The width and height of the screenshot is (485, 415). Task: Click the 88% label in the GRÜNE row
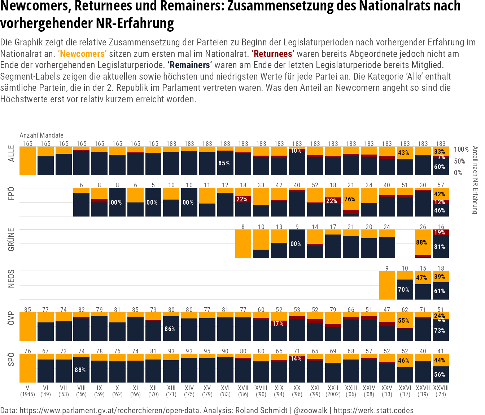pyautogui.click(x=421, y=242)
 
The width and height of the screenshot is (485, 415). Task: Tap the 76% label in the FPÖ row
pyautogui.click(x=349, y=199)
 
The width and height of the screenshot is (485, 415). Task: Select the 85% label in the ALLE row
pyautogui.click(x=224, y=163)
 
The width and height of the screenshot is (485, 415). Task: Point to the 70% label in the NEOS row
pyautogui.click(x=403, y=289)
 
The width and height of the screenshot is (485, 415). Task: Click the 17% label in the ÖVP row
pyautogui.click(x=278, y=323)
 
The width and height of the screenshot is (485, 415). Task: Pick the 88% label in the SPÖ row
pyautogui.click(x=80, y=370)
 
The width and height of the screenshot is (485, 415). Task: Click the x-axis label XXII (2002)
pyautogui.click(x=333, y=391)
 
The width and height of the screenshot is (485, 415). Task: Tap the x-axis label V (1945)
pyautogui.click(x=27, y=391)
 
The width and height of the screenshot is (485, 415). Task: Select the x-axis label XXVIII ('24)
pyautogui.click(x=441, y=391)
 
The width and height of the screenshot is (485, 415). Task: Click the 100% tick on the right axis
pyautogui.click(x=461, y=150)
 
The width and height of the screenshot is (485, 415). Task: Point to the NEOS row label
pyautogui.click(x=12, y=278)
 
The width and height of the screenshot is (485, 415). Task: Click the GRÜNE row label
pyautogui.click(x=12, y=239)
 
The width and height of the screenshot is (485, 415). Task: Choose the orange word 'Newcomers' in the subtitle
pyautogui.click(x=82, y=54)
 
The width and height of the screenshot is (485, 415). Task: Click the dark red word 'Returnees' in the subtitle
pyautogui.click(x=273, y=54)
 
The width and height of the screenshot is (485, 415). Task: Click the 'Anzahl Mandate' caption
pyautogui.click(x=41, y=135)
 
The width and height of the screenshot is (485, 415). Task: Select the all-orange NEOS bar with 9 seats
pyautogui.click(x=387, y=285)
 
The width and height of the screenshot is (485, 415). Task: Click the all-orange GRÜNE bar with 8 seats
pyautogui.click(x=243, y=244)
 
